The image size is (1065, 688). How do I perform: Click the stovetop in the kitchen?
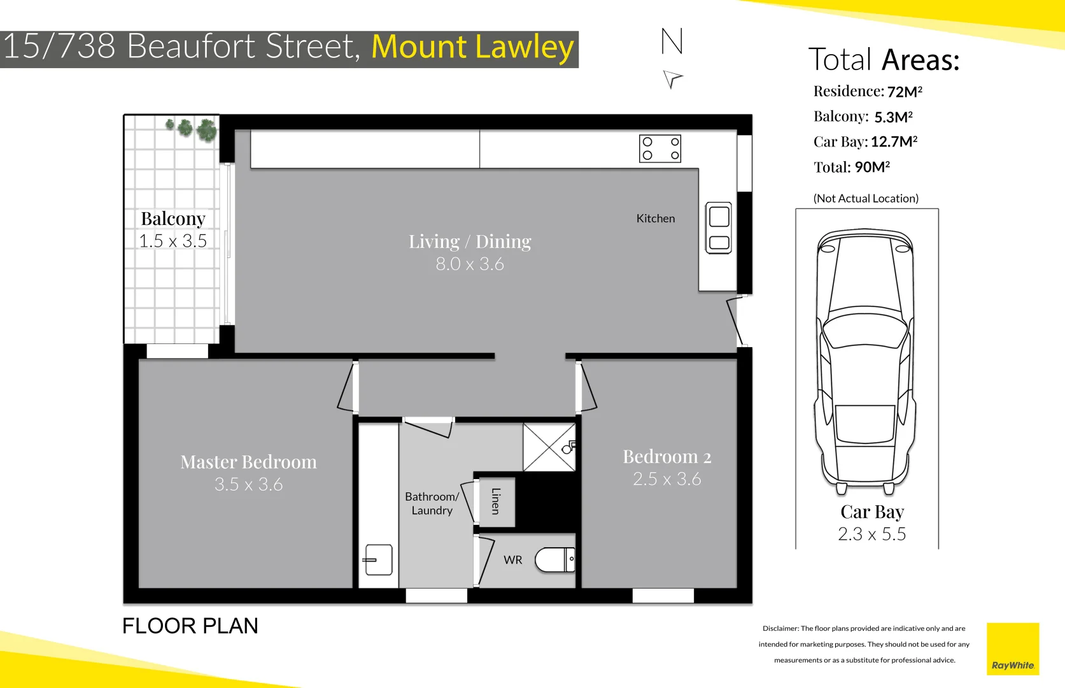(x=660, y=148)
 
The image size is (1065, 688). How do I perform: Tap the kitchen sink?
(x=719, y=227)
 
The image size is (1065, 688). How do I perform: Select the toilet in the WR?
(x=554, y=560)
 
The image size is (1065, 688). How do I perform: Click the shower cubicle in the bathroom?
(x=549, y=447)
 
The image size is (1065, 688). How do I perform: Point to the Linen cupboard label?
(x=496, y=501)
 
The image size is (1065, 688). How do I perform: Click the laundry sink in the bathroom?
(x=378, y=560)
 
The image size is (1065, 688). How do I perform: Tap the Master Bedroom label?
(x=248, y=462)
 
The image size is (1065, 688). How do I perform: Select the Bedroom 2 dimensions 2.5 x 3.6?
(x=667, y=479)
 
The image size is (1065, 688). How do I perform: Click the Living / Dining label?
(x=470, y=241)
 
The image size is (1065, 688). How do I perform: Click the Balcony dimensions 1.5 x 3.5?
(x=173, y=241)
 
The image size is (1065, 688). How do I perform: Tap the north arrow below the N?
(x=672, y=79)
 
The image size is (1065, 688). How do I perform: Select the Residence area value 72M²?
(x=905, y=92)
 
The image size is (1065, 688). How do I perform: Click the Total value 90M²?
(x=871, y=167)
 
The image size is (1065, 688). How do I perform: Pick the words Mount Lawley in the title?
(x=472, y=47)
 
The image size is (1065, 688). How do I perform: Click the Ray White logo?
(x=1012, y=649)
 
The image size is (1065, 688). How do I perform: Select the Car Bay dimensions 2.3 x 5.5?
(x=871, y=534)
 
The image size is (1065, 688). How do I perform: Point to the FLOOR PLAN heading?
(x=190, y=626)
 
